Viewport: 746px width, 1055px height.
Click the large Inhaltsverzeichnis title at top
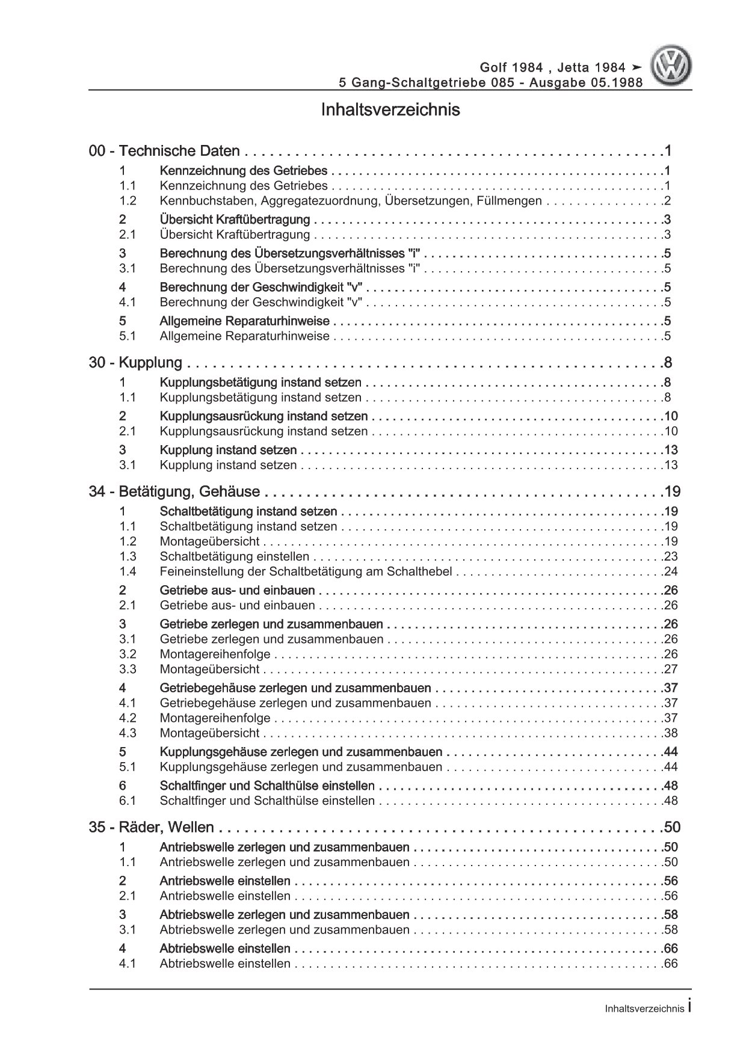coord(390,110)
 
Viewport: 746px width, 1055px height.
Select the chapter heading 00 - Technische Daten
coord(164,152)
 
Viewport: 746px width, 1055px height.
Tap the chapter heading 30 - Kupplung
coord(135,363)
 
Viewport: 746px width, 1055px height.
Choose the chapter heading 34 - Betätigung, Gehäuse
coord(174,492)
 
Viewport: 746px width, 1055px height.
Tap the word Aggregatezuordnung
coord(320,201)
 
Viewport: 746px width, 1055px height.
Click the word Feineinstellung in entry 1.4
coord(198,571)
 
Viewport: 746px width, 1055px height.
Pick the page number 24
coord(671,571)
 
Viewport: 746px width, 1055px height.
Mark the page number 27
coord(671,669)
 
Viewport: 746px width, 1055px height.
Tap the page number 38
coord(671,733)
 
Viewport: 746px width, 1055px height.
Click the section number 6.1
coord(128,801)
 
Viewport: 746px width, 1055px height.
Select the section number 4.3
coord(128,733)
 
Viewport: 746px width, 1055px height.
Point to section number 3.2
coord(128,654)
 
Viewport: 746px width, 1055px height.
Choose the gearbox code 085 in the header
coord(505,83)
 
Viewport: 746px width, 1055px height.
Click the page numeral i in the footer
coord(689,1007)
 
